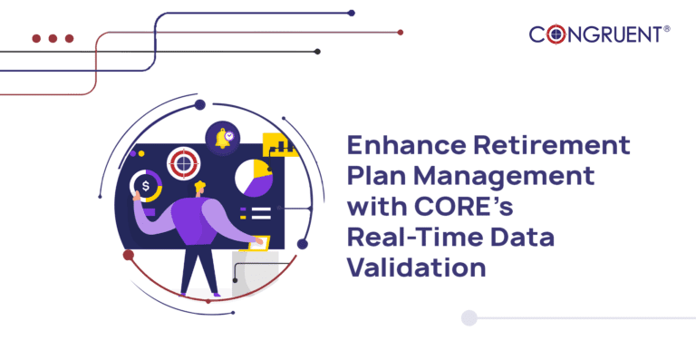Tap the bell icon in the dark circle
[221, 138]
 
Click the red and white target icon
[184, 163]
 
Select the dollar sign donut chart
[146, 188]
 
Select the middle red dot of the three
[52, 39]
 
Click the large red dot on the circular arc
[129, 256]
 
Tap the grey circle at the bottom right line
[469, 317]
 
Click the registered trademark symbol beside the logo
[667, 30]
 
